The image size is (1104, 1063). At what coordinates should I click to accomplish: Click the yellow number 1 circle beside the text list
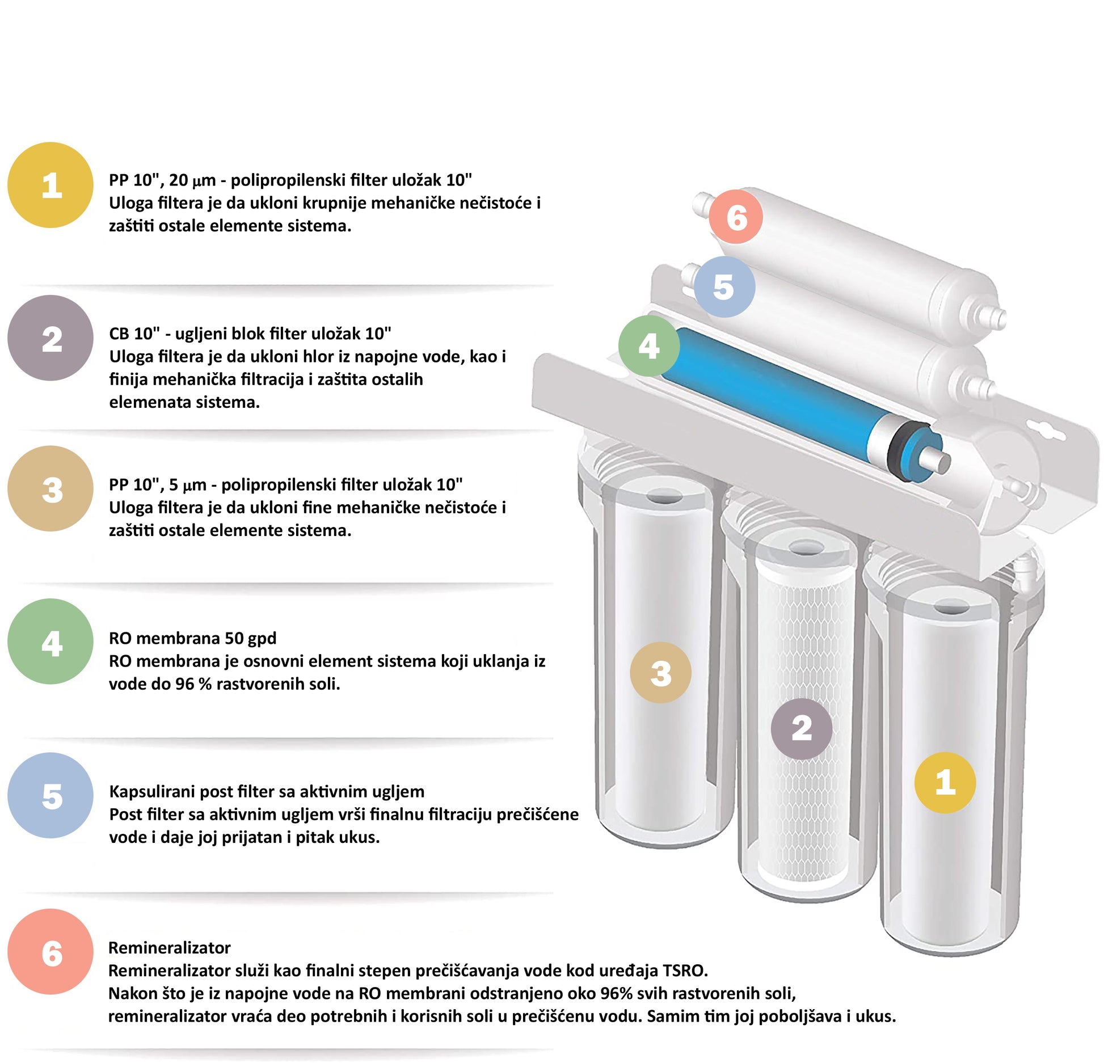coord(50,185)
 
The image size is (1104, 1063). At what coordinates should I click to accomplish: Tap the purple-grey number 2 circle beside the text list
coord(50,338)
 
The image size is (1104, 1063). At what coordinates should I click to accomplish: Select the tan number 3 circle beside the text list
coord(50,488)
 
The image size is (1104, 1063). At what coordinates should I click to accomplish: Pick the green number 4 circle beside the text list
coord(50,642)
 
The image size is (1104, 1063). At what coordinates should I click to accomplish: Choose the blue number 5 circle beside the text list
coord(50,795)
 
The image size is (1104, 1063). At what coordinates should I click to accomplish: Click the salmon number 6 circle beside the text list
coord(50,952)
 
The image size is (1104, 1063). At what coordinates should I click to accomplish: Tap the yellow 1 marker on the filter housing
coord(945,783)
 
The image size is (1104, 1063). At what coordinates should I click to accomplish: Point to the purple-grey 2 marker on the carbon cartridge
coord(802,729)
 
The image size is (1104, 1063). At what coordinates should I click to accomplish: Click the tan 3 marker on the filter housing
coord(661,673)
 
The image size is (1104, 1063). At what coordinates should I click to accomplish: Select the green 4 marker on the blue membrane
coord(649,346)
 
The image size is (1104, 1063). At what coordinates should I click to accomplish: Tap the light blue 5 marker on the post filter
coord(724,287)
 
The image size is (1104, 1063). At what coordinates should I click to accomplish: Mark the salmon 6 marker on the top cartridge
coord(736,217)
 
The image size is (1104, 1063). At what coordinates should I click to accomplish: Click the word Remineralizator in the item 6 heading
coord(169,948)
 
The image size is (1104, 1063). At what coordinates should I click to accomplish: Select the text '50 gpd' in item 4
coord(250,639)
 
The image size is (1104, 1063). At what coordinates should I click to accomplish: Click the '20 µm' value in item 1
coord(192,180)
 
